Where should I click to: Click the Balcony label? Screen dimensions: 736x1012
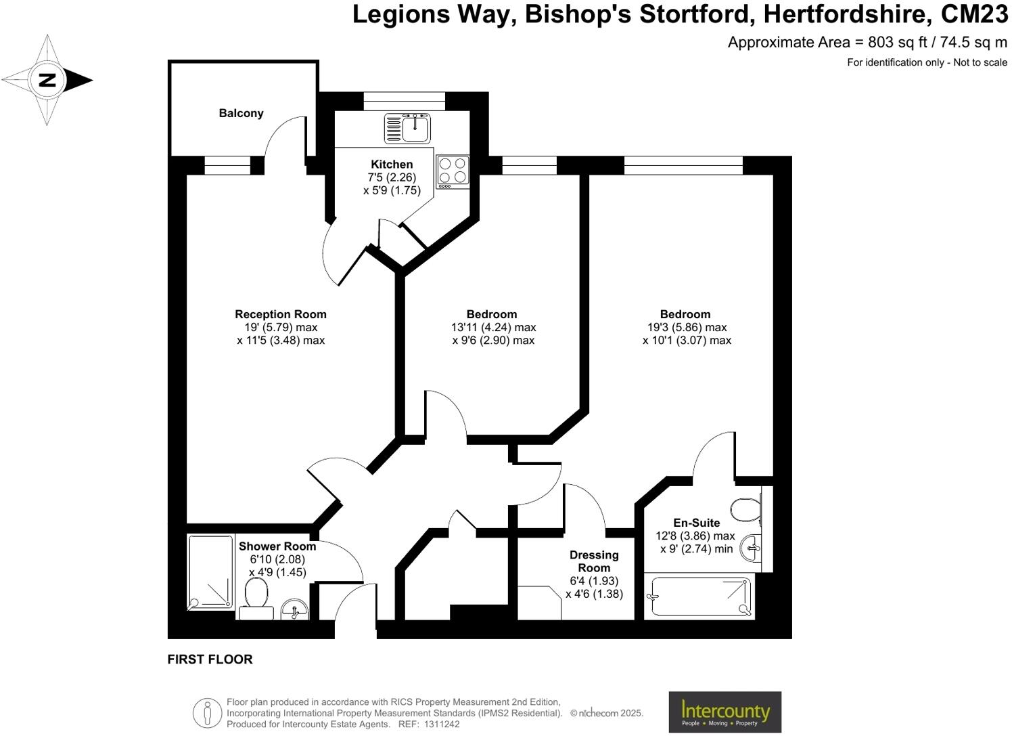(241, 113)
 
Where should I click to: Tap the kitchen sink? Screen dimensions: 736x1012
(408, 128)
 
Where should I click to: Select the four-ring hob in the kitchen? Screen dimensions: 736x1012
(453, 171)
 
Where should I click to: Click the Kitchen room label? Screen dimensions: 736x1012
(392, 164)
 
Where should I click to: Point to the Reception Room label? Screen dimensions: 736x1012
(281, 314)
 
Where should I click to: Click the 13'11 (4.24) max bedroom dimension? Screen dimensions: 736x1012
(493, 327)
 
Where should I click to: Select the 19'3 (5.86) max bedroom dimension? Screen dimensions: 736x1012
(686, 327)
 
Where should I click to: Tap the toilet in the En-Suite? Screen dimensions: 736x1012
(745, 509)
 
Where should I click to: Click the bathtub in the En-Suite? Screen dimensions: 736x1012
(701, 597)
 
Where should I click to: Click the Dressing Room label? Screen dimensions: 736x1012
(594, 561)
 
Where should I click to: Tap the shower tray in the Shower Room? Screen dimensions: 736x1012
(210, 571)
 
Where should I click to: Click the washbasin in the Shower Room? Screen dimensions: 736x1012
(294, 610)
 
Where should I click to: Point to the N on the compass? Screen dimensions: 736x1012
(47, 80)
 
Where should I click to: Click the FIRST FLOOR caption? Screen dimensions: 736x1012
(210, 659)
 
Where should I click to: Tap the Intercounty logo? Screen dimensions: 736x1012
(724, 712)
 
